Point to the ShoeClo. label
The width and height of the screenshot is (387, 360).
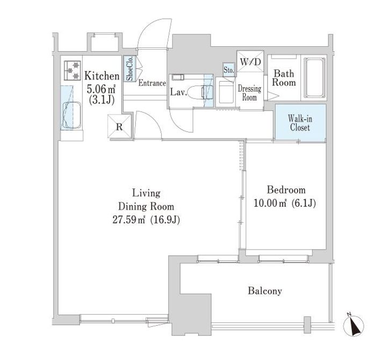[130, 69]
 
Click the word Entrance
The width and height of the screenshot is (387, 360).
[152, 84]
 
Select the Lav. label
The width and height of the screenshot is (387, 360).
[178, 93]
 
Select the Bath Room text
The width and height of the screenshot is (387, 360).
[284, 79]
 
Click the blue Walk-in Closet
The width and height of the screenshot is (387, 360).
[300, 123]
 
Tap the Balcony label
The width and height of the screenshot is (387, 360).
[265, 291]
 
